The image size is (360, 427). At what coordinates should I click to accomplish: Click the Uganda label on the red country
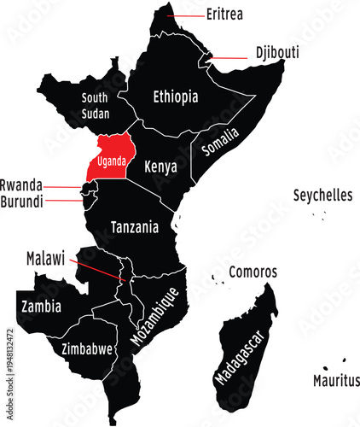[113, 161]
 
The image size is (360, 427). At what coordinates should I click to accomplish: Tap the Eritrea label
[225, 15]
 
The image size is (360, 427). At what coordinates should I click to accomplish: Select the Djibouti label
[277, 52]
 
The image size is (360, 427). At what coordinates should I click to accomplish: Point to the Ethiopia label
[176, 97]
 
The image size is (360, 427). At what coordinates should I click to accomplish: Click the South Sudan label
[95, 105]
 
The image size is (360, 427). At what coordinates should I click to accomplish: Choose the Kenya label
[160, 166]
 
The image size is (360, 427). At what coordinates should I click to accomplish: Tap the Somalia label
[222, 143]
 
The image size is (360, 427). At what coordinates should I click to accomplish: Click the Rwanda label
[20, 184]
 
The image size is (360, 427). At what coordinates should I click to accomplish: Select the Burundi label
[21, 202]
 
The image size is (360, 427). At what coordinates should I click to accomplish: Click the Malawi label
[45, 257]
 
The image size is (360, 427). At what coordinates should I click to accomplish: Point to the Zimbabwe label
[88, 349]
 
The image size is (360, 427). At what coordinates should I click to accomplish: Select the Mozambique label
[154, 316]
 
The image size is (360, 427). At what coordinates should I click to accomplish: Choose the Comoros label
[253, 272]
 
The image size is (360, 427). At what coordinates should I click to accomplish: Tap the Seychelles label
[322, 195]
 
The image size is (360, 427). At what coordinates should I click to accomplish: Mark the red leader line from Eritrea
[186, 15]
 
